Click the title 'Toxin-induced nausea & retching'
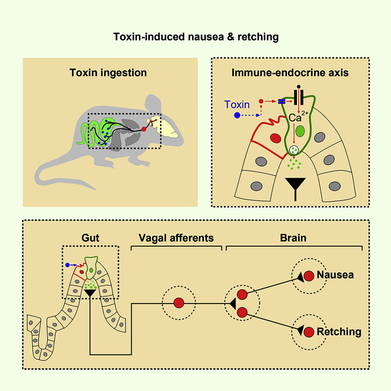click(196, 37)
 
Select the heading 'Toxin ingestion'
click(108, 73)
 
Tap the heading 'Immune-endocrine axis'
click(289, 73)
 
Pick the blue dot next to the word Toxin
click(237, 115)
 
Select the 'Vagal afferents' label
click(176, 238)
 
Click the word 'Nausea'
click(335, 275)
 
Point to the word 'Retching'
click(338, 332)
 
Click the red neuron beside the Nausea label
click(309, 276)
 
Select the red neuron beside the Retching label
click(309, 332)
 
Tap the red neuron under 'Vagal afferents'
click(179, 303)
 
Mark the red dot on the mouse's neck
click(144, 129)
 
